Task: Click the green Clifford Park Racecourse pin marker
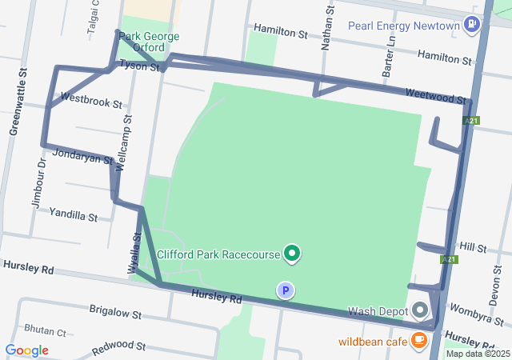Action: [x=292, y=254]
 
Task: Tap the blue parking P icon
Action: [x=285, y=290]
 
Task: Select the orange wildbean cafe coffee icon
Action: [x=418, y=340]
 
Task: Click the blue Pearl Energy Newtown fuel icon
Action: [x=472, y=25]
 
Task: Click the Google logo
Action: [x=26, y=350]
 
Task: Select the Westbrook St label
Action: [x=91, y=103]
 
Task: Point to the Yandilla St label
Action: [x=73, y=215]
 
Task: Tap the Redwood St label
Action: [x=118, y=347]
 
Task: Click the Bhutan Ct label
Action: [x=45, y=329]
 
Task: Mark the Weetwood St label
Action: [x=435, y=96]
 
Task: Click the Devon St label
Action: [x=494, y=287]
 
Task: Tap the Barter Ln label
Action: [x=391, y=57]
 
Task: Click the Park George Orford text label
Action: [x=150, y=42]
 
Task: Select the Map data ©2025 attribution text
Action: [x=478, y=354]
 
